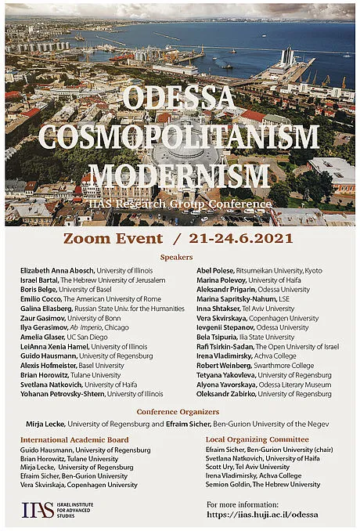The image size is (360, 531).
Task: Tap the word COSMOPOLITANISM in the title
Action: (x=180, y=137)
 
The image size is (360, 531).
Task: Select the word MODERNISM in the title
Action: (x=179, y=174)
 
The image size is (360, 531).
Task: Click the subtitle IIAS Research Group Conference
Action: (x=180, y=203)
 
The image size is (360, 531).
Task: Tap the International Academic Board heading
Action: (x=74, y=440)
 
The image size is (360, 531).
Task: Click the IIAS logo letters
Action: (x=38, y=510)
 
